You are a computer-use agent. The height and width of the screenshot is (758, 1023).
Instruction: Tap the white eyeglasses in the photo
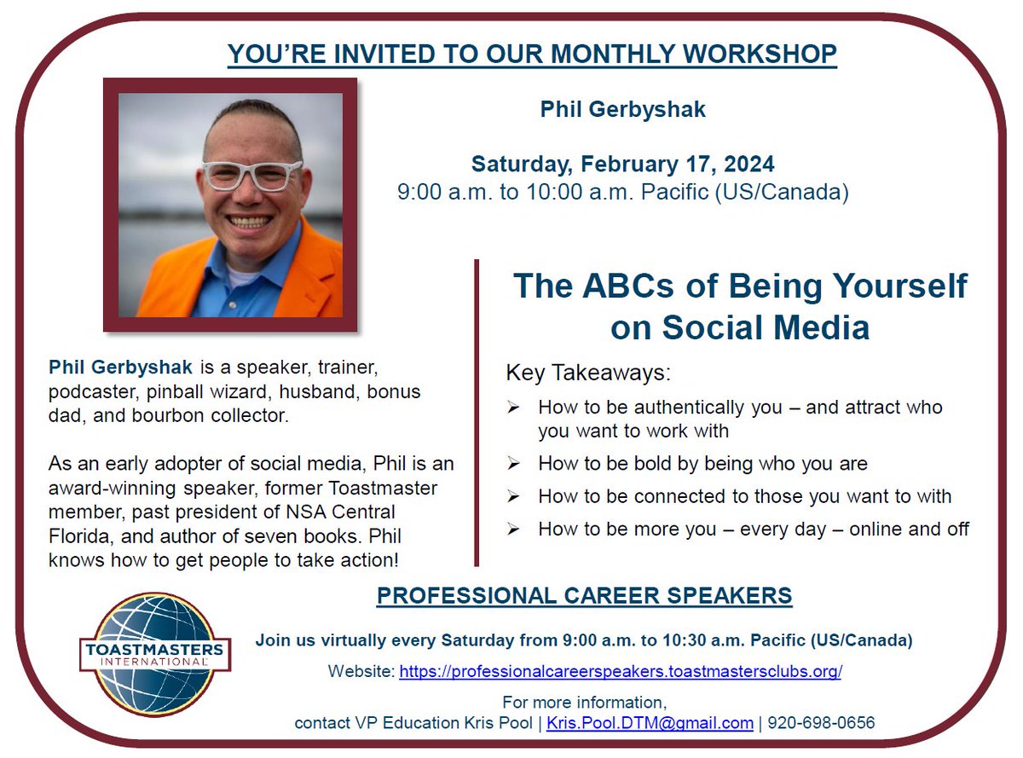coord(252,174)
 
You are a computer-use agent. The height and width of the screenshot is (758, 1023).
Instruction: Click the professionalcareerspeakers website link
coord(621,671)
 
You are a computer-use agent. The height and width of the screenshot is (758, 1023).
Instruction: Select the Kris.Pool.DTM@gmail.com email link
coord(650,723)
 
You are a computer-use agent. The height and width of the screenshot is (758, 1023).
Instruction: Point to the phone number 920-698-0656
coord(821,723)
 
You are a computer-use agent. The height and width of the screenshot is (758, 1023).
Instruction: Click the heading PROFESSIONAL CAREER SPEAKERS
coord(584,595)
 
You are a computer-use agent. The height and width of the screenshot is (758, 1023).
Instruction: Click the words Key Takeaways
coord(588,373)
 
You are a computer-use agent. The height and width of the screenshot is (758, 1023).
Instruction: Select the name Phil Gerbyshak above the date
coord(622,109)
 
